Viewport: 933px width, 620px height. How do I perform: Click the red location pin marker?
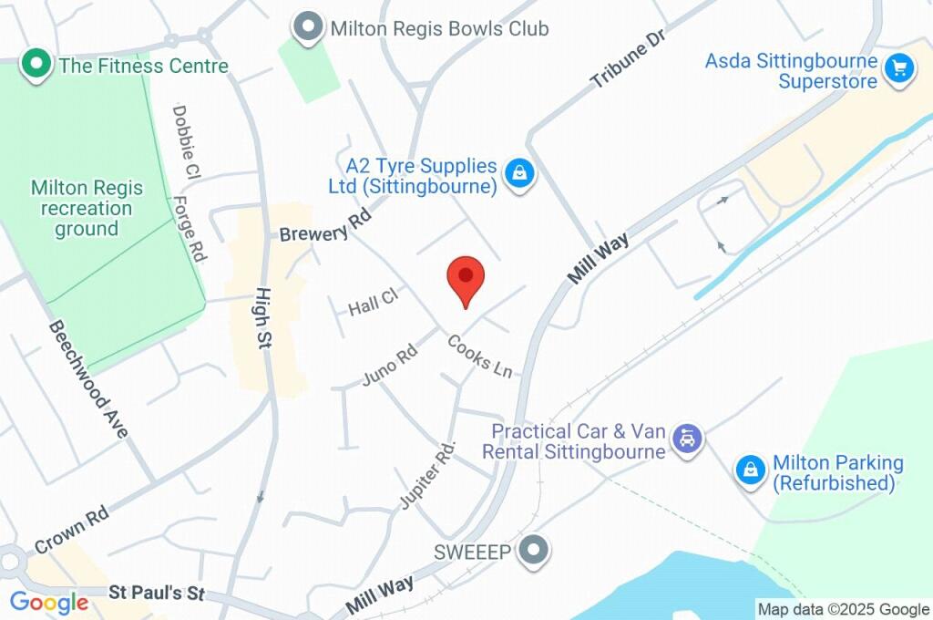pyautogui.click(x=466, y=277)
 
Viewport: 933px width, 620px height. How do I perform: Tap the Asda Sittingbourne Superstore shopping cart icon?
pyautogui.click(x=899, y=67)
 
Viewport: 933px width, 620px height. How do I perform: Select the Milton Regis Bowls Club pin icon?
pyautogui.click(x=311, y=27)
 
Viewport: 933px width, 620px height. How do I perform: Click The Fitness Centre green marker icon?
pyautogui.click(x=36, y=65)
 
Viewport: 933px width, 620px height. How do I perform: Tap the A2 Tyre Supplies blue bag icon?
pyautogui.click(x=519, y=172)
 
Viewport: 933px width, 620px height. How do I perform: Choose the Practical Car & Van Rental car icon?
pyautogui.click(x=687, y=439)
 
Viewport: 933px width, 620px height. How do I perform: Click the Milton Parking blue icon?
pyautogui.click(x=750, y=470)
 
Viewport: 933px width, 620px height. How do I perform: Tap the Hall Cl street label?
pyautogui.click(x=374, y=302)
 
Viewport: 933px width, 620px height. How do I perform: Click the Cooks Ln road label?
pyautogui.click(x=480, y=356)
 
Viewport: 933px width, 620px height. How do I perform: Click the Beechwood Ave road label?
pyautogui.click(x=88, y=378)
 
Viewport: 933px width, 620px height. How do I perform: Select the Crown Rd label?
pyautogui.click(x=72, y=530)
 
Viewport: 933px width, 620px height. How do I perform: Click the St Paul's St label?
pyautogui.click(x=157, y=594)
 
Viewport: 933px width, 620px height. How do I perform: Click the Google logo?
pyautogui.click(x=49, y=603)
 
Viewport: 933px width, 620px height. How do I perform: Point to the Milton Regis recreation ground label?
pyautogui.click(x=87, y=208)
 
